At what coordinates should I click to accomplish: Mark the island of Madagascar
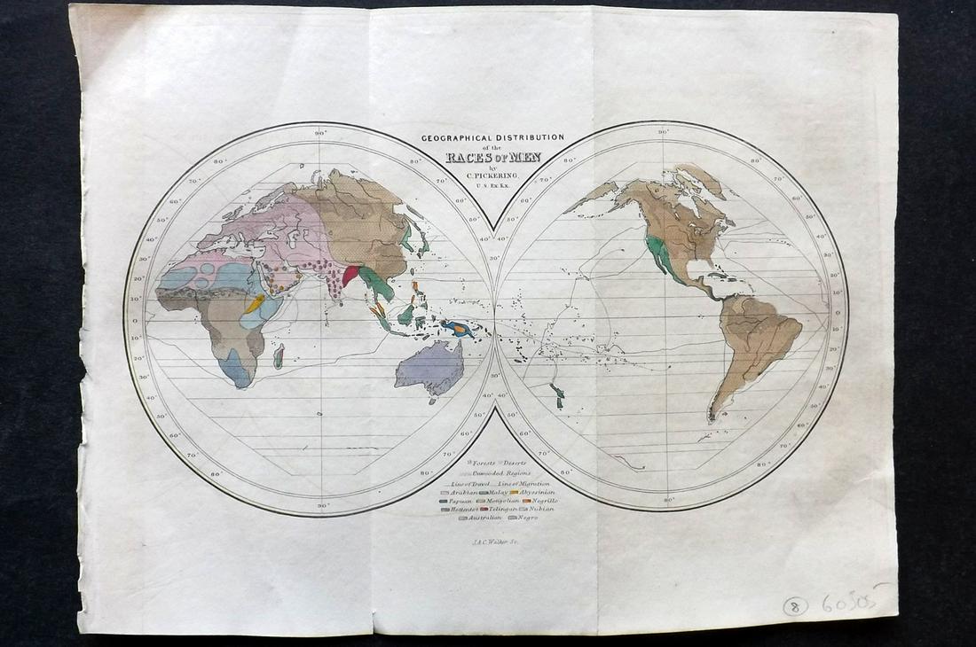(278, 356)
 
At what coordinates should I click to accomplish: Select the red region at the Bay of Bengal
(352, 275)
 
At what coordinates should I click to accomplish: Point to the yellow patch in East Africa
(255, 304)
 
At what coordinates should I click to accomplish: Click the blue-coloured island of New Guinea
(460, 329)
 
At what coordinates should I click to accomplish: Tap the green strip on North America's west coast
(660, 253)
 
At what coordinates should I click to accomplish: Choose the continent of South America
(754, 346)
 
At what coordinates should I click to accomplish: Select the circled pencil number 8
(795, 606)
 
